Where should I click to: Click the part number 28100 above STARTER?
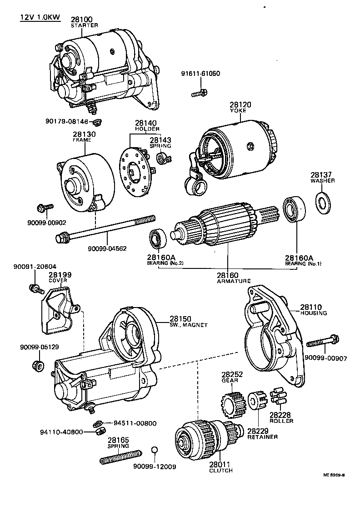coord(82,20)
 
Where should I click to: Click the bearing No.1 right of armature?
coord(293,210)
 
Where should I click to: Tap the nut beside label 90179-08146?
coord(96,122)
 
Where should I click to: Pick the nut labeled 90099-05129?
coord(39,365)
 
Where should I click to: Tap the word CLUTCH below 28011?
coord(221,470)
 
